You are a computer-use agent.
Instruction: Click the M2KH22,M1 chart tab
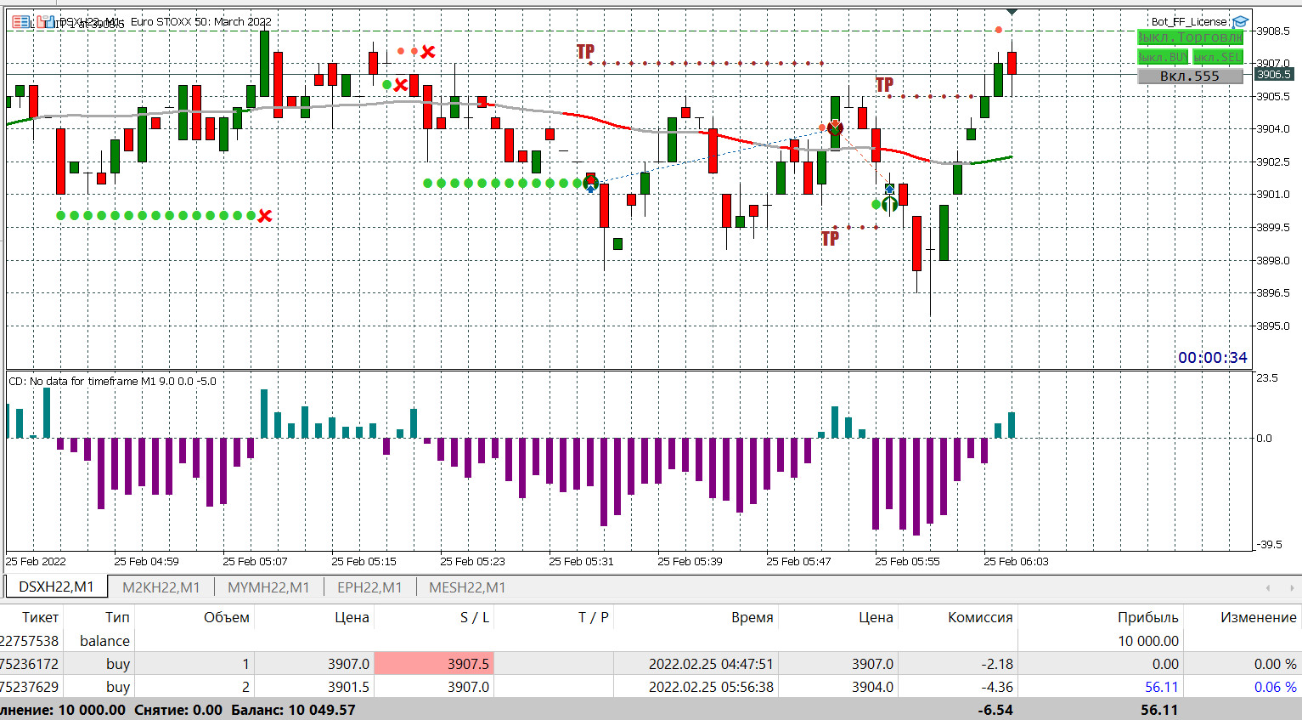pyautogui.click(x=161, y=587)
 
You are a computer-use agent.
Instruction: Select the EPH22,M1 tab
pyautogui.click(x=369, y=587)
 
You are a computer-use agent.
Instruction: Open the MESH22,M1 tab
pyautogui.click(x=467, y=587)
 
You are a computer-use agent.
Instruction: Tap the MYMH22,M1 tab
pyautogui.click(x=268, y=587)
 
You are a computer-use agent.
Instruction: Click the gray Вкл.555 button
pyautogui.click(x=1189, y=77)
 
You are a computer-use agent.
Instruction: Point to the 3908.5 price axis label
pyautogui.click(x=1273, y=31)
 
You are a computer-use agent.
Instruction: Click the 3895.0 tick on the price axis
pyautogui.click(x=1273, y=326)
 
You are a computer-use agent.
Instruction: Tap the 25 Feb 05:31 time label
pyautogui.click(x=581, y=562)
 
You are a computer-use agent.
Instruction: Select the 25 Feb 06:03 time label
pyautogui.click(x=1016, y=562)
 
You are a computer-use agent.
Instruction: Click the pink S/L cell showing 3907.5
pyautogui.click(x=434, y=664)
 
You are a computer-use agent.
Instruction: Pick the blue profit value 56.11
pyautogui.click(x=1161, y=687)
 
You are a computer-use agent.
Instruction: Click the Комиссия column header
pyautogui.click(x=979, y=618)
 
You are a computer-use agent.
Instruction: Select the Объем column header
pyautogui.click(x=226, y=618)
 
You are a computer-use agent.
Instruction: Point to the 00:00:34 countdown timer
pyautogui.click(x=1212, y=358)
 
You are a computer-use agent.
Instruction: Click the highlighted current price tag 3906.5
pyautogui.click(x=1273, y=75)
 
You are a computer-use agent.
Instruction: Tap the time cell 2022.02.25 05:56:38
pyautogui.click(x=711, y=687)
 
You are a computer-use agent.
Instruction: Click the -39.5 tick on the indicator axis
pyautogui.click(x=1268, y=545)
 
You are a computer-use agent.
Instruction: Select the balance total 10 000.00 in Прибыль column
pyautogui.click(x=1147, y=641)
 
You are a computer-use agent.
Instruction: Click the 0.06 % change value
pyautogui.click(x=1275, y=687)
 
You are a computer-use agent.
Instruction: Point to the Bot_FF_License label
pyautogui.click(x=1188, y=22)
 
